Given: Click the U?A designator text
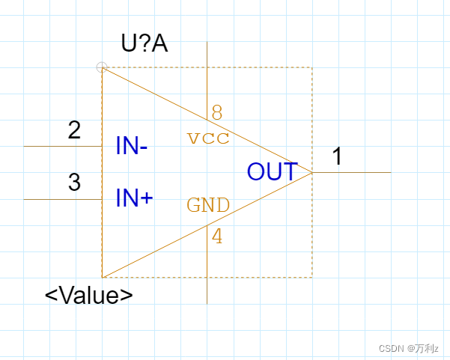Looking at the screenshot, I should click(145, 43).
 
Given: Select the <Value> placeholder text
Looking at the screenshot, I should click(89, 294).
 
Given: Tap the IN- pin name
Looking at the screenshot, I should click(132, 146).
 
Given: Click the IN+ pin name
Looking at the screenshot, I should click(134, 198).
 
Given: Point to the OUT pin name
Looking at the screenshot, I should click(273, 172).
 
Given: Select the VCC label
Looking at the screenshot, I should click(208, 138).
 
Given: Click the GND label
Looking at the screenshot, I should click(208, 206).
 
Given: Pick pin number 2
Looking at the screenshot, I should click(74, 130).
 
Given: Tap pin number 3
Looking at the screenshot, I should click(74, 183).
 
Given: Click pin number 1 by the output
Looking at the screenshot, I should click(338, 156).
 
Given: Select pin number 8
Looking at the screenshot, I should click(216, 113).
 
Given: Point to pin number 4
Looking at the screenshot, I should click(217, 237).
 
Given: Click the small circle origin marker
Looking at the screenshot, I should click(102, 67).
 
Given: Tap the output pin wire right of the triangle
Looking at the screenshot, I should click(352, 173).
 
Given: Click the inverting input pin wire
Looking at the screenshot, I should click(63, 147).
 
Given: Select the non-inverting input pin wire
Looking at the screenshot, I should click(63, 200).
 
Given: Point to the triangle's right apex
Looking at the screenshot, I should click(311, 172).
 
